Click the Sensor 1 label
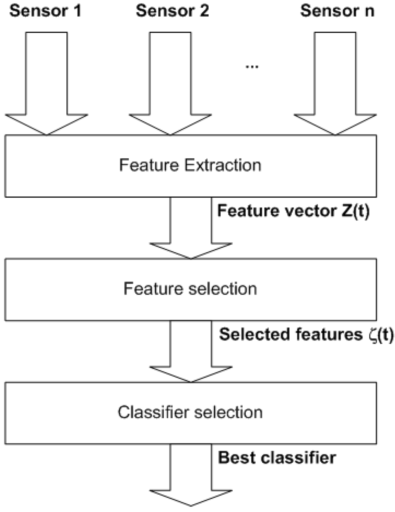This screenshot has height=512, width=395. (x=46, y=11)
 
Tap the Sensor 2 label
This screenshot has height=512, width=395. (x=172, y=11)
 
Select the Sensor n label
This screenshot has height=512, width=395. (x=337, y=11)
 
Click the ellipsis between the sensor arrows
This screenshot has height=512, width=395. (x=252, y=66)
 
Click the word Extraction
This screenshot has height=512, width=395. (x=223, y=165)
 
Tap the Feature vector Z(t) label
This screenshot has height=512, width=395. (x=293, y=211)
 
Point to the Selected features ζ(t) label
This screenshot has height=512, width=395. (x=306, y=334)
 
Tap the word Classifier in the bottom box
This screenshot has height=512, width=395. (x=154, y=413)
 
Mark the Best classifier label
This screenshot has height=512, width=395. (x=277, y=458)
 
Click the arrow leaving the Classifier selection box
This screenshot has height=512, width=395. (x=191, y=476)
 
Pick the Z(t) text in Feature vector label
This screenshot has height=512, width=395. (x=355, y=211)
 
